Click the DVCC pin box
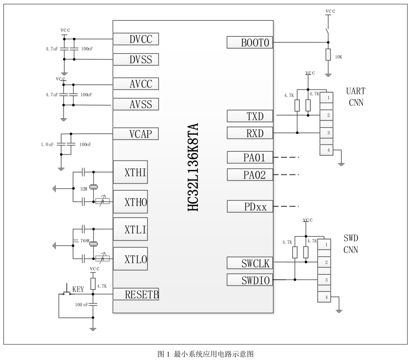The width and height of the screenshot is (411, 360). (x=135, y=39)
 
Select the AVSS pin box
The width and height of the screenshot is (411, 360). (x=135, y=104)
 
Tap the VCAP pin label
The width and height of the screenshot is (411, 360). (x=140, y=134)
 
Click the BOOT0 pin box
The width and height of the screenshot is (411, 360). (x=250, y=42)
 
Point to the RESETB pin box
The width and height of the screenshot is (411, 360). (x=135, y=294)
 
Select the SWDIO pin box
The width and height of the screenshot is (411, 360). (x=250, y=280)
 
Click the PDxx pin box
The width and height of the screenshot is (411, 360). (x=250, y=206)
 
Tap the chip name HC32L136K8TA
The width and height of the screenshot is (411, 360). (x=193, y=167)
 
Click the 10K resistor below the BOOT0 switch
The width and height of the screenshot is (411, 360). (x=328, y=55)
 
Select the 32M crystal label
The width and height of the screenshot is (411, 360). (x=84, y=189)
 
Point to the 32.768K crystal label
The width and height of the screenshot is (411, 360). (x=81, y=241)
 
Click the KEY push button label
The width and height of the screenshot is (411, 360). (x=78, y=289)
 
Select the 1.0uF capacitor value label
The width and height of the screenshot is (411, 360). (x=47, y=144)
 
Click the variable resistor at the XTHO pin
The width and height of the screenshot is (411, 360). (x=102, y=201)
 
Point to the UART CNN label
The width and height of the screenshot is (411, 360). (x=356, y=97)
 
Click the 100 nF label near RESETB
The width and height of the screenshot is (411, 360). (x=81, y=304)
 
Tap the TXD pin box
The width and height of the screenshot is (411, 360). (x=250, y=116)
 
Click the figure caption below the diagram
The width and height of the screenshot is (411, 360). (x=205, y=354)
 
